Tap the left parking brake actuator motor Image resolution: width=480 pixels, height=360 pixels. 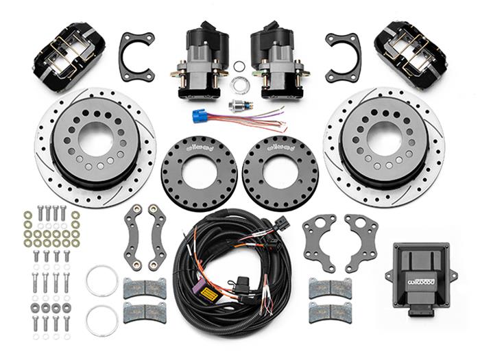(204, 58)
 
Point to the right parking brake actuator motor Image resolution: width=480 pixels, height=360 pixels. (276, 58)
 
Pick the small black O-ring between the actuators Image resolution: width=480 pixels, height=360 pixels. (238, 67)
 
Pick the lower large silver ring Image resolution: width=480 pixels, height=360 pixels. (101, 321)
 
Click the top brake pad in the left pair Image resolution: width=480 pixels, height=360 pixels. (145, 289)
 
